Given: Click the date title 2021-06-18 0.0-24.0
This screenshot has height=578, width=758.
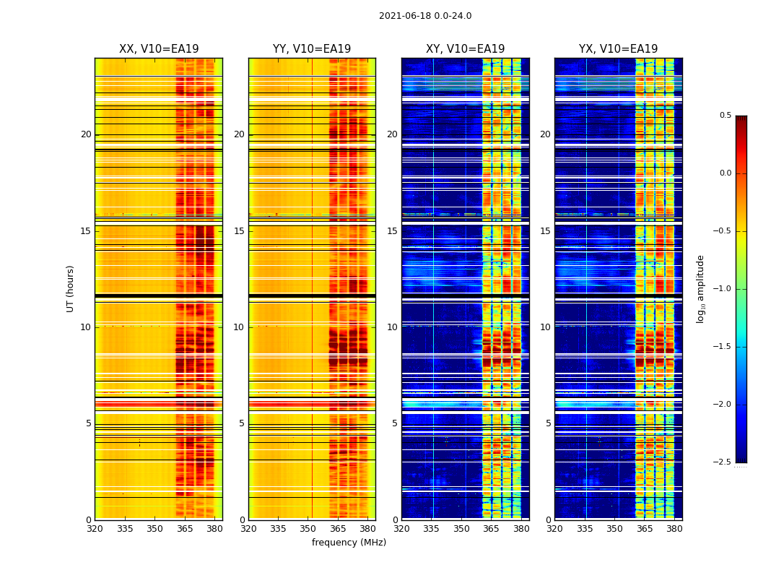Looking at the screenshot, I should (425, 16).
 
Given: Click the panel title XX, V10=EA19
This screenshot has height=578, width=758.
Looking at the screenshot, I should (159, 49).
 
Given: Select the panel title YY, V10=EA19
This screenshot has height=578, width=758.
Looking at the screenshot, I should (312, 49).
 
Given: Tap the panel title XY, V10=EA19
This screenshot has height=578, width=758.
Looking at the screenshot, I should (465, 49).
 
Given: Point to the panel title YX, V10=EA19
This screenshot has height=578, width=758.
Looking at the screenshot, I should (618, 49).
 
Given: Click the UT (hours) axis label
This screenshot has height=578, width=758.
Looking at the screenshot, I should (70, 288).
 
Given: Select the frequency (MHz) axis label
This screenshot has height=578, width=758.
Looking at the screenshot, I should (349, 543).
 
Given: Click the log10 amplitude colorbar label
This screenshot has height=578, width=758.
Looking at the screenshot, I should (700, 288).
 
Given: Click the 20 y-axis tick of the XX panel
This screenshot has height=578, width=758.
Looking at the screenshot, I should (86, 134).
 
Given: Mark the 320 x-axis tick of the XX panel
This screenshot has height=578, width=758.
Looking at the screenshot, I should (95, 529).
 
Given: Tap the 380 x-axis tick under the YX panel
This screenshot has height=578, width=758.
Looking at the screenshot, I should (674, 529).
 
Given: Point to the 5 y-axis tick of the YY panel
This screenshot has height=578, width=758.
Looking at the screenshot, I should (242, 423).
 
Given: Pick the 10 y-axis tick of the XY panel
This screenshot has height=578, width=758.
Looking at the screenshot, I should (392, 327).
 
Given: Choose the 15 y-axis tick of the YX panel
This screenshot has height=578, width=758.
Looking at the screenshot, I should (545, 231).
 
